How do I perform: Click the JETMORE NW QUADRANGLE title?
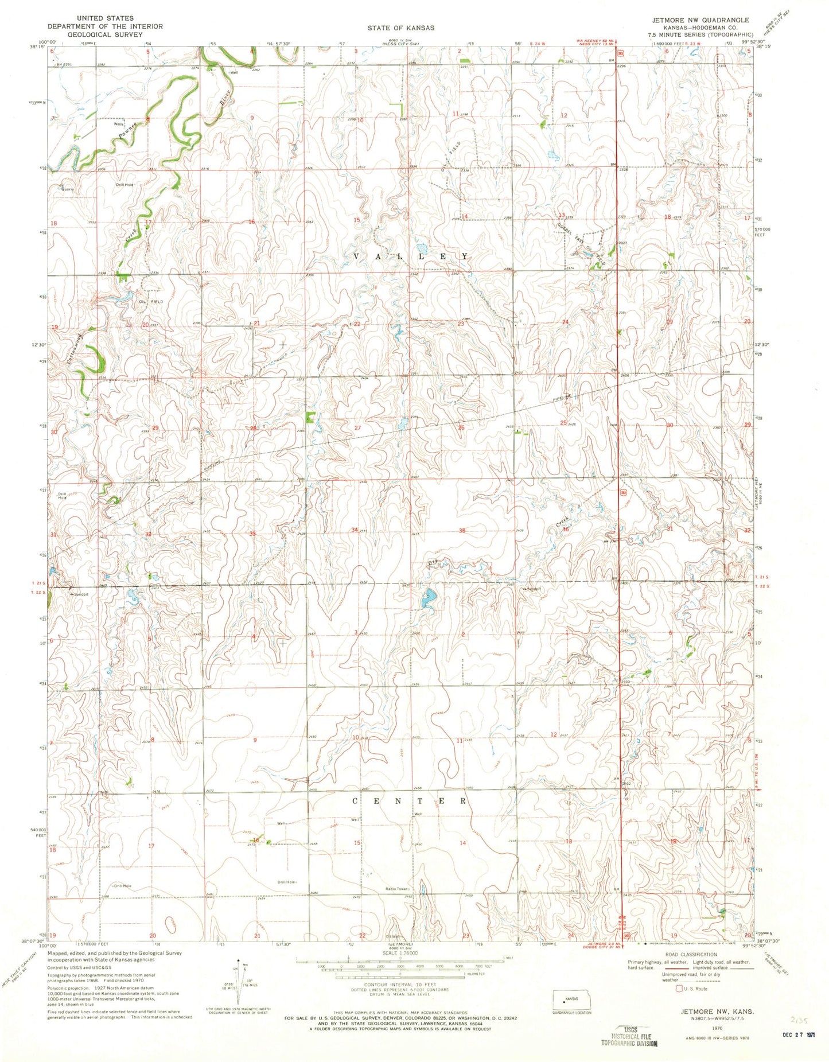coord(699,20)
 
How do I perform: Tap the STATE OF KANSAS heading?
coord(401,28)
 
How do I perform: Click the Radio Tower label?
coord(395,889)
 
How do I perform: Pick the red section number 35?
coord(462,531)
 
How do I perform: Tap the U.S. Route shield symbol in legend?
coord(680,989)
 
